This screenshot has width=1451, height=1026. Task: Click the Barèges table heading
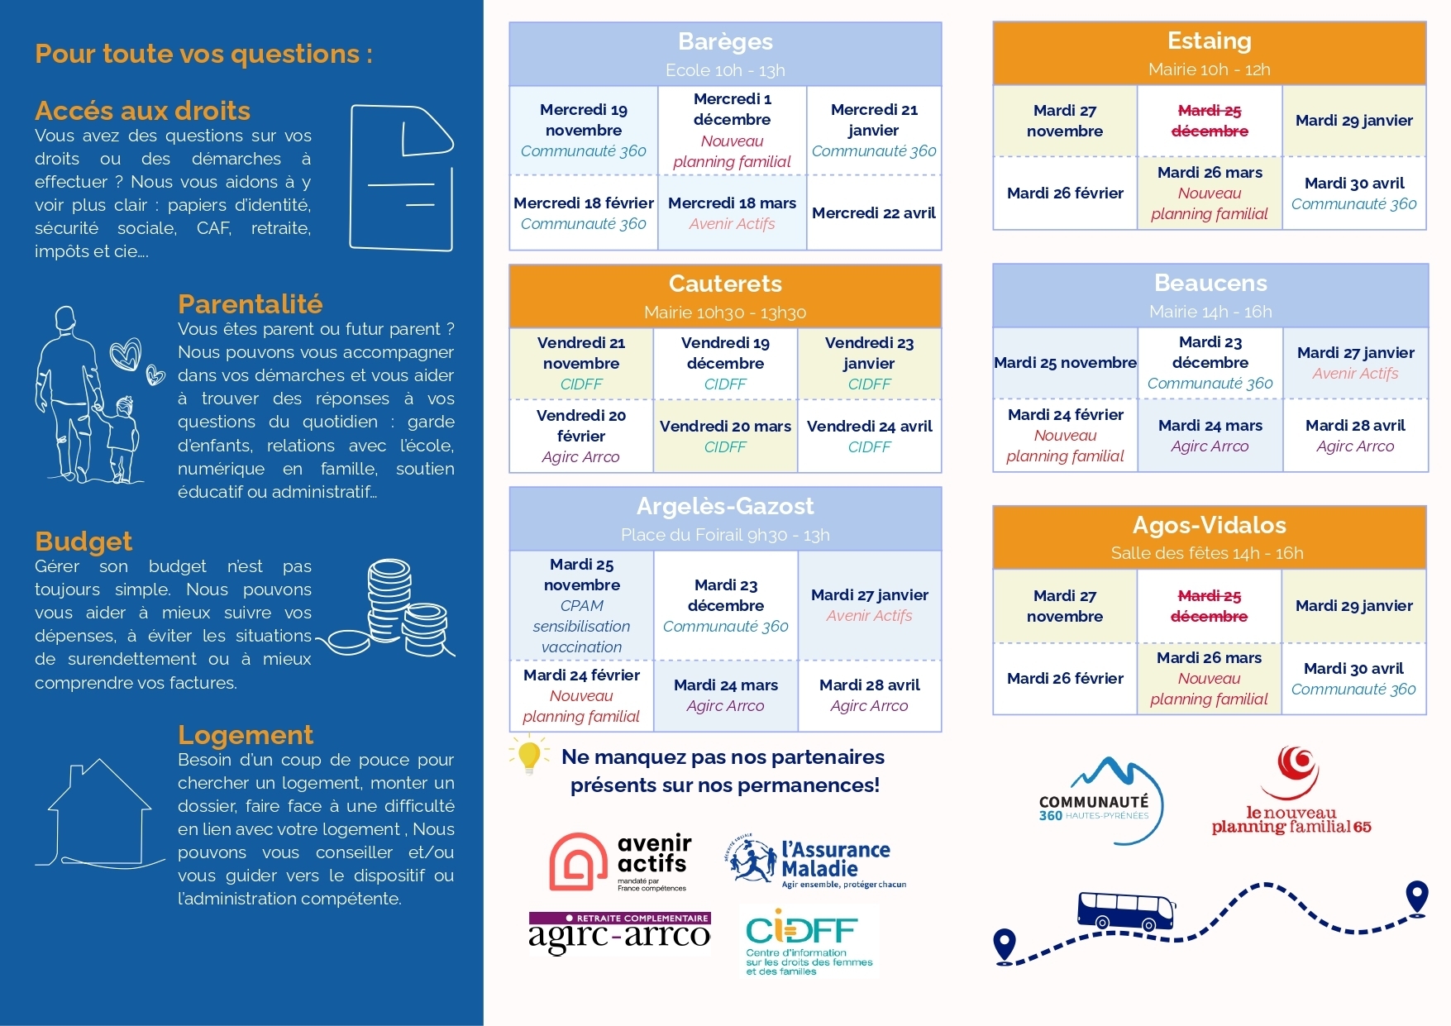tap(725, 42)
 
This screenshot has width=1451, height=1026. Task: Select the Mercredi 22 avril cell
tap(873, 213)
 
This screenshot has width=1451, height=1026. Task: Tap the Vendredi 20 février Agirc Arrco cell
tap(580, 436)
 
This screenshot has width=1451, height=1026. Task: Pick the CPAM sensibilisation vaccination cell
tap(581, 605)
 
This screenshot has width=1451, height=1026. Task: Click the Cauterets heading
tap(725, 284)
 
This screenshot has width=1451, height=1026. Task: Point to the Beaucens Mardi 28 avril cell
tap(1355, 436)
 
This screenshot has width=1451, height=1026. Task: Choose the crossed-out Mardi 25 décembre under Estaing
tap(1210, 121)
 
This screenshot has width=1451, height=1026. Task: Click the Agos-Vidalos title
tap(1209, 526)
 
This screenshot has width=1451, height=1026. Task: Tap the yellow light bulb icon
tap(528, 756)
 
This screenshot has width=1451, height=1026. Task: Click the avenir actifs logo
tap(619, 862)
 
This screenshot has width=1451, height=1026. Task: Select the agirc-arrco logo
tap(619, 933)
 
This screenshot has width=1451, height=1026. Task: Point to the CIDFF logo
tap(809, 942)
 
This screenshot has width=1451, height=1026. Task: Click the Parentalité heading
tap(250, 304)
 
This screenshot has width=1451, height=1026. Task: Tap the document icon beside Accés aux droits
tap(402, 177)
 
